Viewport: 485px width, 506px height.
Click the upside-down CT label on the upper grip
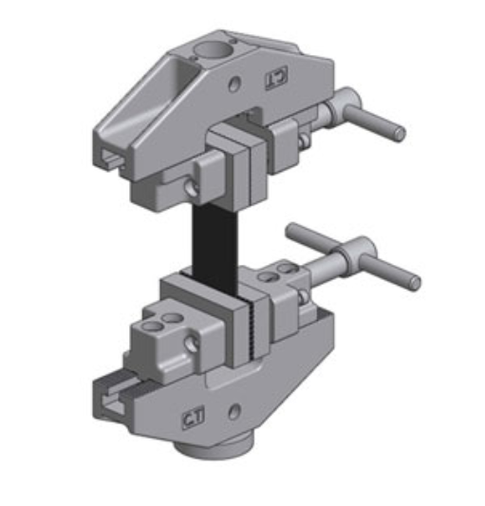274,76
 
